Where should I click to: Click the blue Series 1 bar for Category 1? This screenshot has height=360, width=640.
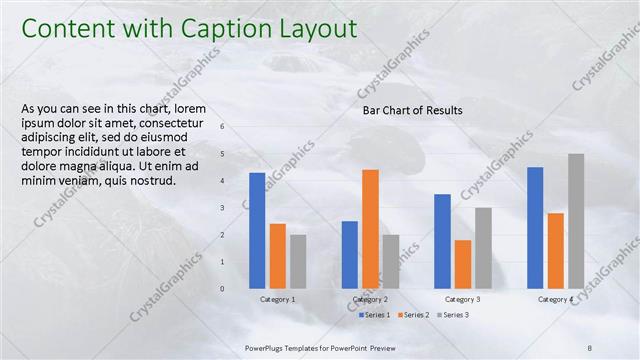(x=257, y=230)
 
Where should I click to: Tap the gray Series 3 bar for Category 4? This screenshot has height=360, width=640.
(x=576, y=221)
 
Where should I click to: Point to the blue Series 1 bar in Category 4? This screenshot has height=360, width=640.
(x=535, y=227)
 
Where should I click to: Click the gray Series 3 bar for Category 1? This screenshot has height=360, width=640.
(x=298, y=261)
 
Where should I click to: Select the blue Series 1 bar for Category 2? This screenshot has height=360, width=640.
(x=349, y=254)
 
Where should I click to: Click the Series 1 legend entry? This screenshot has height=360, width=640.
(x=375, y=315)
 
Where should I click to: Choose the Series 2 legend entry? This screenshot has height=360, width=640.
(x=413, y=315)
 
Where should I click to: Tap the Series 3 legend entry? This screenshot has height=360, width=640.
(x=452, y=315)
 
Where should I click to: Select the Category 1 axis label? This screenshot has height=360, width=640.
(x=277, y=300)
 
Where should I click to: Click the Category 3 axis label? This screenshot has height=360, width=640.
(x=462, y=300)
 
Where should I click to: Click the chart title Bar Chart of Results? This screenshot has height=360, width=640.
(x=412, y=110)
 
